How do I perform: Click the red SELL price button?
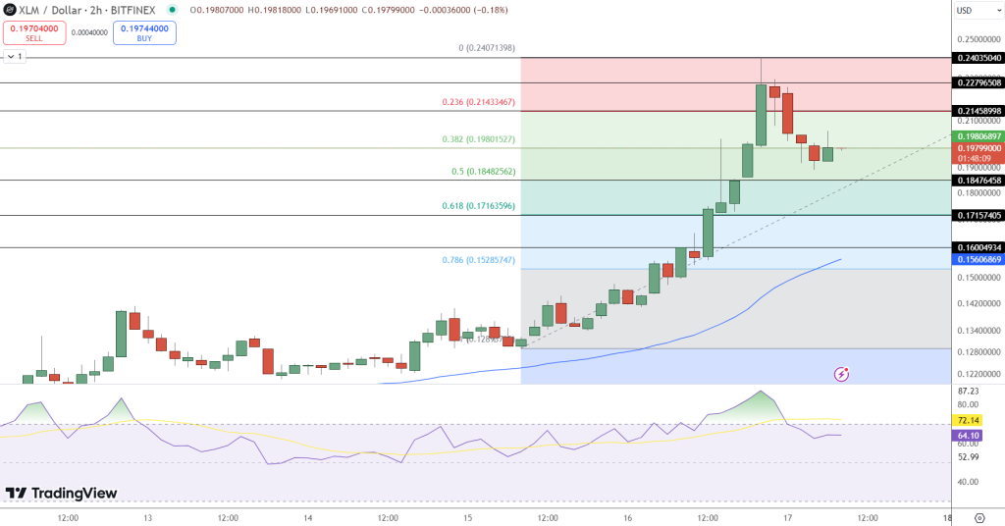(34, 33)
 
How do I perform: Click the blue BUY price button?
(144, 33)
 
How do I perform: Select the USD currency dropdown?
(978, 11)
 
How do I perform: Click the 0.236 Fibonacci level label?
(479, 102)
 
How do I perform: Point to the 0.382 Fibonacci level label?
(479, 139)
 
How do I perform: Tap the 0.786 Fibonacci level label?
(479, 260)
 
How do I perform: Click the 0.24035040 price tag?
(979, 58)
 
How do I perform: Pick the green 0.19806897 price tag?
(979, 135)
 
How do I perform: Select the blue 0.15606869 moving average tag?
(979, 259)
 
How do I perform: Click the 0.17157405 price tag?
(979, 215)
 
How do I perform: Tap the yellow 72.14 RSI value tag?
(969, 419)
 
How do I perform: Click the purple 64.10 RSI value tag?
(969, 435)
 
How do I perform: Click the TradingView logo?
(61, 493)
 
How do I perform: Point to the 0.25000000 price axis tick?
(979, 39)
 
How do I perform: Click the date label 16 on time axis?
(627, 517)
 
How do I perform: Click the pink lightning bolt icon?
(841, 374)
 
